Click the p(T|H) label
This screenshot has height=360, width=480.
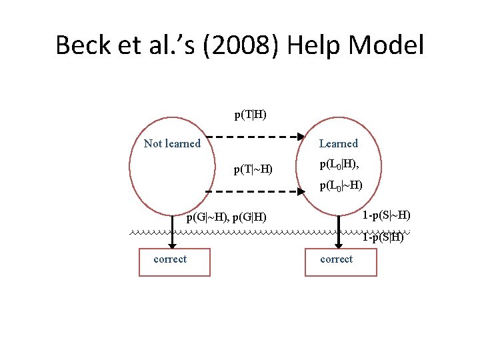click(x=250, y=114)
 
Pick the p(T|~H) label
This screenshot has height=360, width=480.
click(x=253, y=169)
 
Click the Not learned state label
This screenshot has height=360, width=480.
click(x=172, y=143)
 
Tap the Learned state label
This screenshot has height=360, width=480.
click(x=338, y=143)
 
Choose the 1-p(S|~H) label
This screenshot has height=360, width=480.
click(x=386, y=215)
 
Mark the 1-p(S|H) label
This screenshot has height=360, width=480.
click(x=383, y=237)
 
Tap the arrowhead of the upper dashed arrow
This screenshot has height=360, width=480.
click(x=299, y=137)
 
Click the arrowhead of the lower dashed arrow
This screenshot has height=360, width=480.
click(x=299, y=191)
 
